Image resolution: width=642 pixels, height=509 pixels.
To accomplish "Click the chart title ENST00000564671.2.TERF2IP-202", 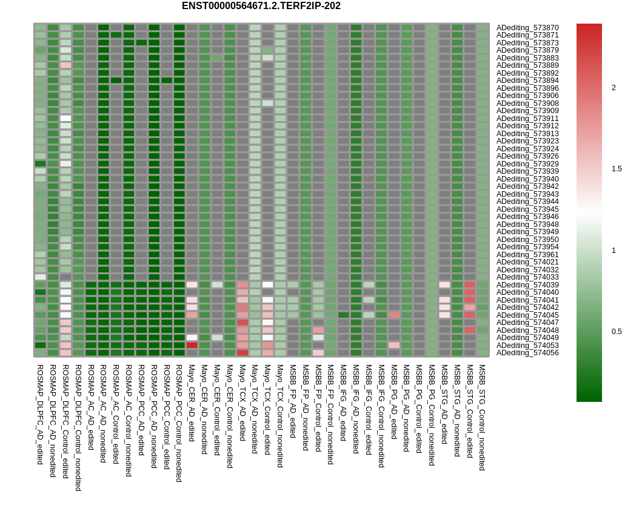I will pos(261,6).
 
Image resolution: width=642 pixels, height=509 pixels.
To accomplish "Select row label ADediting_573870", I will pos(527,28).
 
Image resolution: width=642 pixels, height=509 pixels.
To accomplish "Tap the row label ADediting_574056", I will pos(527,353).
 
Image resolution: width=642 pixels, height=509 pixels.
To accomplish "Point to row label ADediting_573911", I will pos(527,119).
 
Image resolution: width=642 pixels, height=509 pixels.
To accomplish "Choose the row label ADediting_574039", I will pos(527,285).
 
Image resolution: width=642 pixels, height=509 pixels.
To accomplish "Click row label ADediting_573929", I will pos(527,164).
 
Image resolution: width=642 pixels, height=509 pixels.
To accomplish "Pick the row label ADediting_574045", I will pos(527,315).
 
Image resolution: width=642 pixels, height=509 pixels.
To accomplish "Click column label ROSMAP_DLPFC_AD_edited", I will pos(40,414).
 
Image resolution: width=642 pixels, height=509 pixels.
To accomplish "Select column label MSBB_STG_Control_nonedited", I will pos(482,417).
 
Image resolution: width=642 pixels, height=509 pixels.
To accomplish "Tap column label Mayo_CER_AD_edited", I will pos(192,402).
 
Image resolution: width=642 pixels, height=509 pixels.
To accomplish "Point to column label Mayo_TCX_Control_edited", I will pos(267,409).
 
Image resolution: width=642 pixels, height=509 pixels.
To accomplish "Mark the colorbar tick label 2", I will pos(614,88).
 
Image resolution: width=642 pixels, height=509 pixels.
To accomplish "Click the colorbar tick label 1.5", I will pos(617,169).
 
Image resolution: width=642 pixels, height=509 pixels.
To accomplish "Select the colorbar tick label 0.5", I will pos(617,332).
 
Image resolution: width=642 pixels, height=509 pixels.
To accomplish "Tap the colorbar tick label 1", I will pos(614,251).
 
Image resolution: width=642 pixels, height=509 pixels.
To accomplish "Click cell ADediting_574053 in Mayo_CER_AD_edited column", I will pos(192,345).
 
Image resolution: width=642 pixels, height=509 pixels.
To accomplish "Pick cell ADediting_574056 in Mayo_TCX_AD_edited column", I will pos(242,353).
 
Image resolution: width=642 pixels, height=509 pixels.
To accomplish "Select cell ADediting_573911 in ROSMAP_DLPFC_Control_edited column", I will pos(65,119).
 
